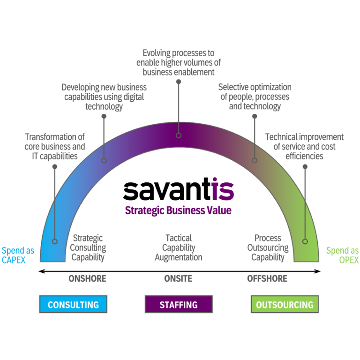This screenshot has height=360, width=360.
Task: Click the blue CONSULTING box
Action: click(74, 304)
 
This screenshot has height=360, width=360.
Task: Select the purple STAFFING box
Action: click(178, 304)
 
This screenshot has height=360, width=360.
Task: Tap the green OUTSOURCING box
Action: click(285, 304)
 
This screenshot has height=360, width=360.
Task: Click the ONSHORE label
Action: click(87, 278)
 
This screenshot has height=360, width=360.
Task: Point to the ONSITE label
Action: click(178, 278)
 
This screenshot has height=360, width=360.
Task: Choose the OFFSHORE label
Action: click(267, 278)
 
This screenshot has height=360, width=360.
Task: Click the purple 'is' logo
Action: click(222, 189)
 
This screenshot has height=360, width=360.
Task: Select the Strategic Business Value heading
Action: click(178, 210)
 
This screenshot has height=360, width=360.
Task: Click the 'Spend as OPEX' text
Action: click(342, 255)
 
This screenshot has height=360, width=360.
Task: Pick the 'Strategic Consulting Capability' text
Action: click(88, 247)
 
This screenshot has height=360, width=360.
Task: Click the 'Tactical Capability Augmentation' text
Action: click(179, 247)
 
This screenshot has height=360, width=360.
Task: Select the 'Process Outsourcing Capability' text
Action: click(268, 247)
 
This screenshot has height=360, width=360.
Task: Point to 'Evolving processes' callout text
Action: click(179, 62)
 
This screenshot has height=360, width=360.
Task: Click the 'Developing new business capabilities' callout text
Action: click(104, 97)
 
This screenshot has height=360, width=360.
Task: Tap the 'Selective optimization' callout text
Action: click(255, 97)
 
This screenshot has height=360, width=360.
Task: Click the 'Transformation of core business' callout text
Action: click(54, 146)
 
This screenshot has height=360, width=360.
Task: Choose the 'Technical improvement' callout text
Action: click(304, 146)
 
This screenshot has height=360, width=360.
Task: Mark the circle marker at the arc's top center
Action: click(179, 135)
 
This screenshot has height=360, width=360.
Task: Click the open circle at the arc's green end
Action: click(305, 241)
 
